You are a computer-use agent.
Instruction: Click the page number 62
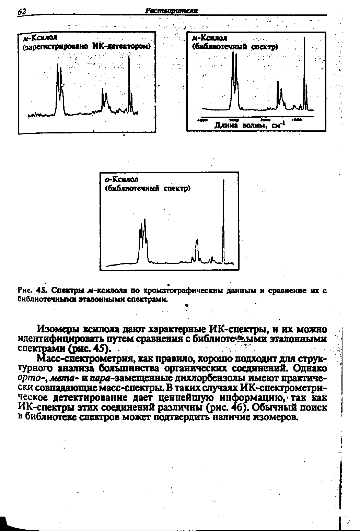tap(22, 12)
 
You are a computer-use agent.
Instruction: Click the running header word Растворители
tap(172, 11)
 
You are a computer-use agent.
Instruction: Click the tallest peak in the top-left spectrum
tap(129, 58)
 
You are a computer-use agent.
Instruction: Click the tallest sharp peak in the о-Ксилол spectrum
tap(223, 182)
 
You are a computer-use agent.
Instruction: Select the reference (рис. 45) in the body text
tap(90, 349)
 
